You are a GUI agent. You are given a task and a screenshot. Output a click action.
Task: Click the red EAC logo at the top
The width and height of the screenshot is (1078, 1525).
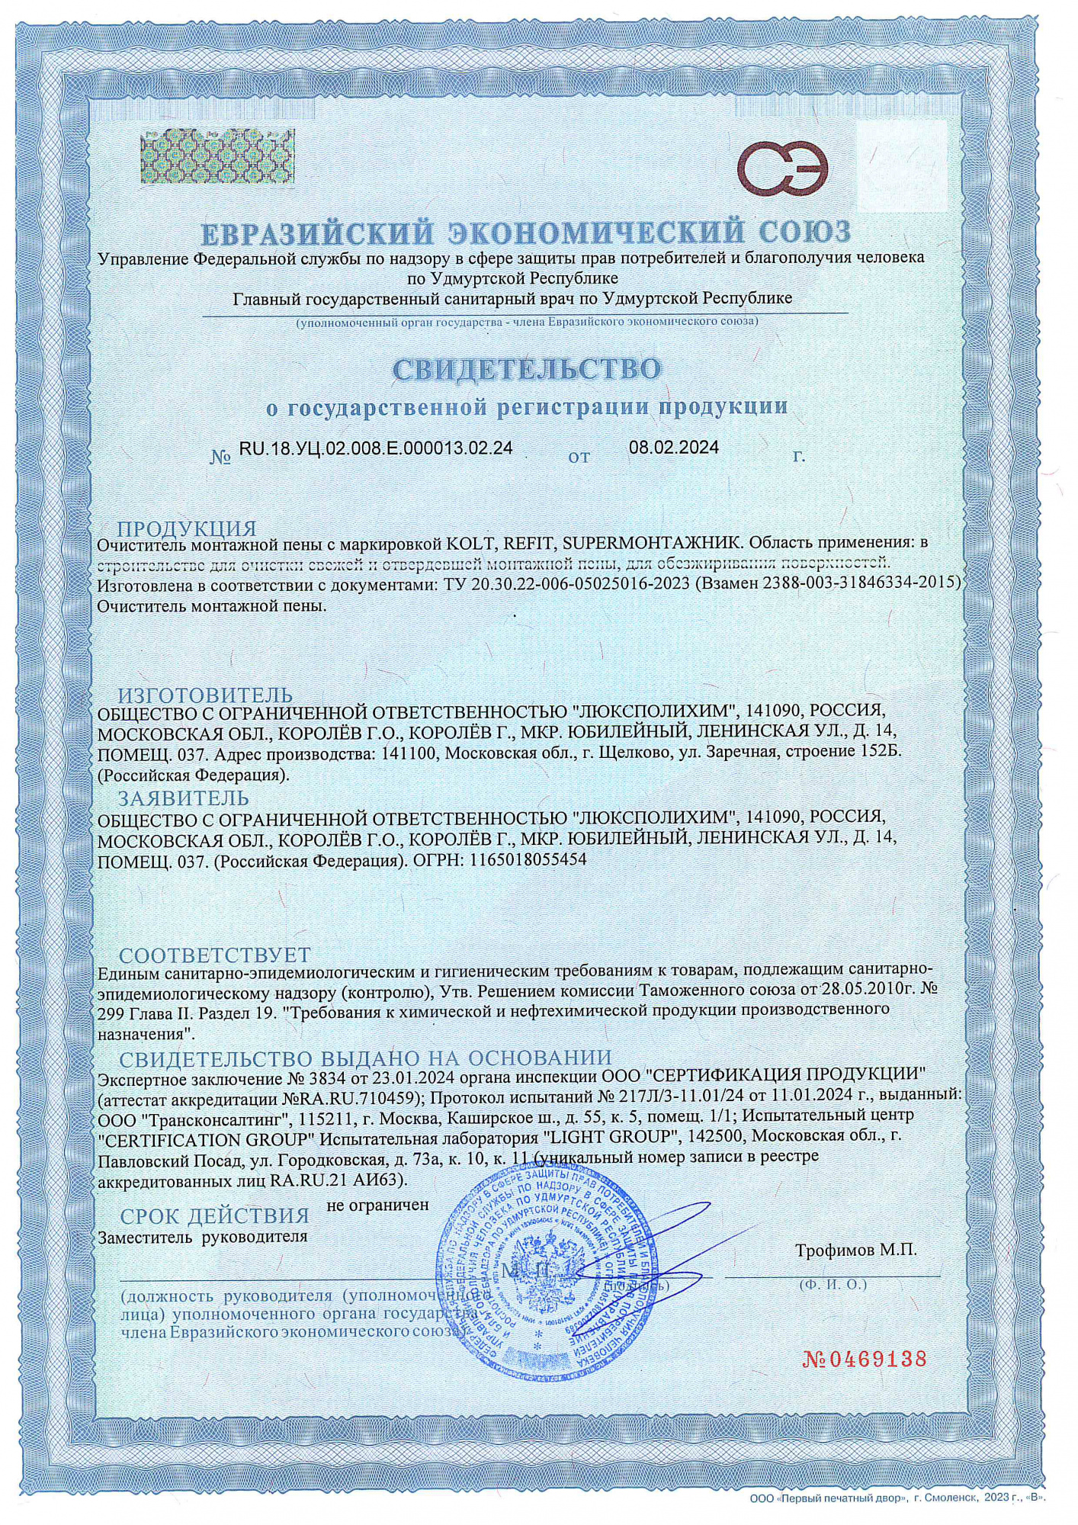[x=782, y=169]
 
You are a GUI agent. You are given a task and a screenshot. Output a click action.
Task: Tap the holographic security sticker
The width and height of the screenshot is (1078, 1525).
[x=217, y=157]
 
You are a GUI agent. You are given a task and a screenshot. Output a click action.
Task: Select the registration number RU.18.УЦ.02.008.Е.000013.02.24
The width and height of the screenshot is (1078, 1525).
[x=376, y=448]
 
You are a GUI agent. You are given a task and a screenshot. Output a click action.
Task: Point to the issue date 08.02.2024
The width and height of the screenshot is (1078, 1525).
[x=673, y=448]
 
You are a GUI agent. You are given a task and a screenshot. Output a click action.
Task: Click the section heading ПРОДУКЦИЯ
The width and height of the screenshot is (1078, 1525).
[x=186, y=529]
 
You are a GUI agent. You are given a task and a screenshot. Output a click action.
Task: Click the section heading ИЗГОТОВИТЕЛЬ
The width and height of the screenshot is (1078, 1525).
[x=204, y=695]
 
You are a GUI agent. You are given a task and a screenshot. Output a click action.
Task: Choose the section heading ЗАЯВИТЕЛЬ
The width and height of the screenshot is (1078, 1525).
[x=183, y=798]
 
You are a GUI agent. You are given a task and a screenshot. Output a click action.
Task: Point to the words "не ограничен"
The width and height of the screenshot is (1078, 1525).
[x=377, y=1206]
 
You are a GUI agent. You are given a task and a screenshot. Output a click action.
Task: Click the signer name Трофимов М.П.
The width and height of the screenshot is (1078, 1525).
[x=855, y=1250]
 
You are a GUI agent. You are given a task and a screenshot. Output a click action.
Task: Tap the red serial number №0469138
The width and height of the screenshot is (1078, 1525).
[x=864, y=1359]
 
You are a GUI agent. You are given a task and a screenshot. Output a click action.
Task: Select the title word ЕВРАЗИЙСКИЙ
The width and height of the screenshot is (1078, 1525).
[x=317, y=232]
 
